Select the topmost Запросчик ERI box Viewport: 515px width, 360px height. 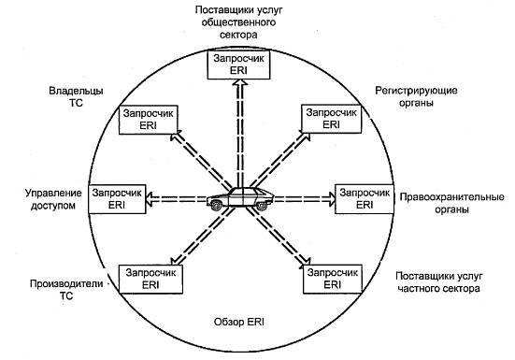point(238,64)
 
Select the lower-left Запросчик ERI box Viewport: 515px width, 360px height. point(145,277)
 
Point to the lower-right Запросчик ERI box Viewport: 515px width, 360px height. point(332,277)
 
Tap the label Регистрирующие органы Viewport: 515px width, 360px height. point(417,97)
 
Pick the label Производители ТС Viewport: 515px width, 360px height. point(53,288)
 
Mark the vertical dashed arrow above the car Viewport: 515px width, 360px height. point(238,131)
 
